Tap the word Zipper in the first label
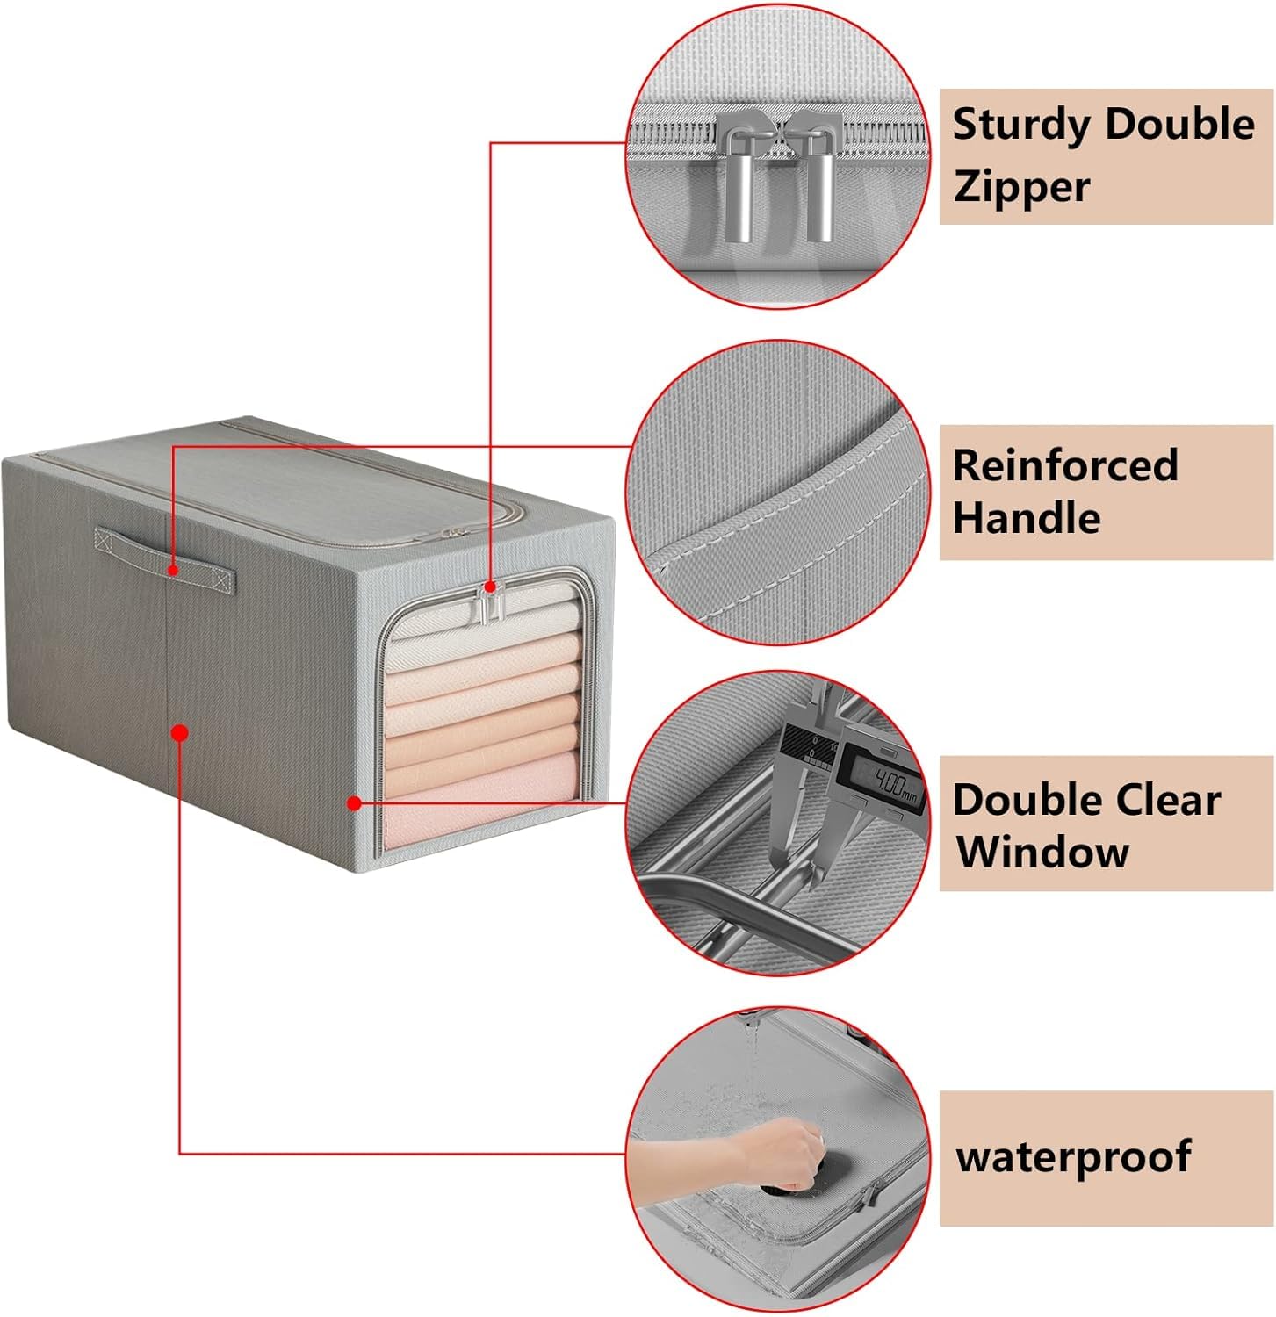pyautogui.click(x=1020, y=186)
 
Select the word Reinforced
pyautogui.click(x=1064, y=465)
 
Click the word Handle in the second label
pyautogui.click(x=1026, y=518)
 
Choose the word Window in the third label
pyautogui.click(x=1042, y=852)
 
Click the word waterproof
pyautogui.click(x=1073, y=1156)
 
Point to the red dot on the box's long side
pyautogui.click(x=180, y=731)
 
